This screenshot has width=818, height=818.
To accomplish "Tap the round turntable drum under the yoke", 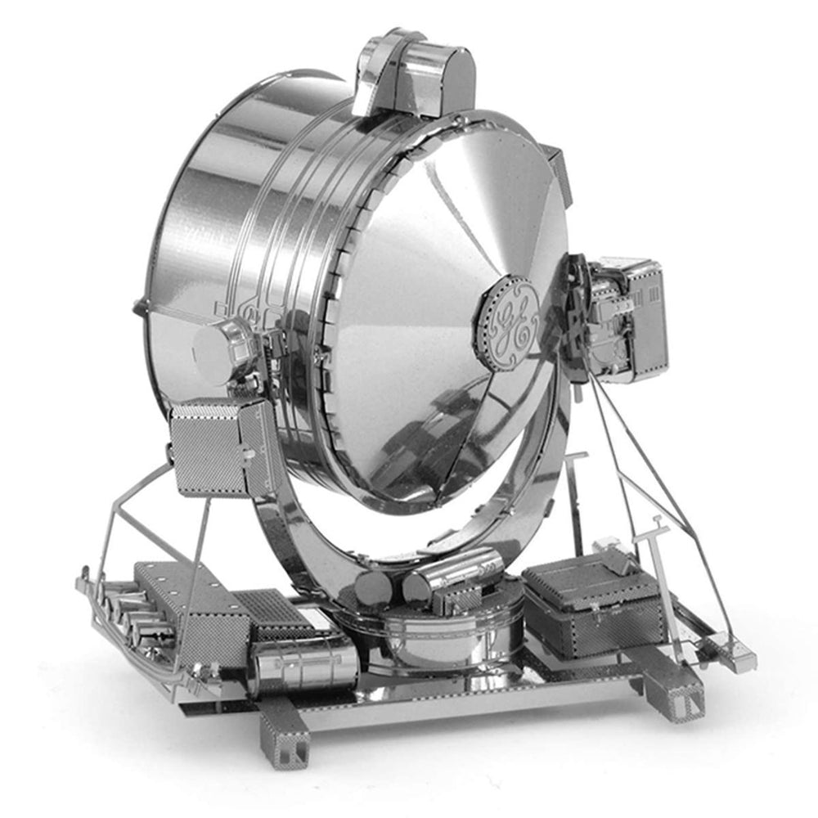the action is (x=448, y=634).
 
